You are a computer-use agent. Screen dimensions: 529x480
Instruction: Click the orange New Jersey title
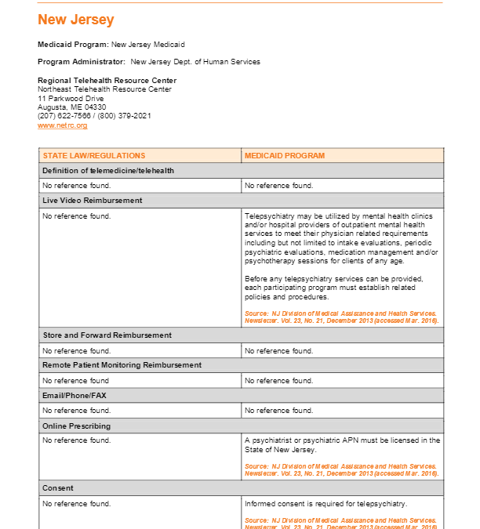click(x=75, y=20)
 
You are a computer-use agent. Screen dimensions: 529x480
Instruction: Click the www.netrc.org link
click(x=62, y=125)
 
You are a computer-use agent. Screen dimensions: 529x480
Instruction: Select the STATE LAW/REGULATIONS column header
click(x=93, y=156)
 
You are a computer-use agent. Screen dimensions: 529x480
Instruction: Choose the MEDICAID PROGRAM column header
click(x=284, y=156)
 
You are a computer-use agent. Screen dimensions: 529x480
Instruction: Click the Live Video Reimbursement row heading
click(x=92, y=201)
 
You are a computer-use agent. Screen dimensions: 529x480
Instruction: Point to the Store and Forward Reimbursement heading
click(x=107, y=335)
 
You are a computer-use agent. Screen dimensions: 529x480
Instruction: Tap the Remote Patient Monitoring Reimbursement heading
click(x=122, y=365)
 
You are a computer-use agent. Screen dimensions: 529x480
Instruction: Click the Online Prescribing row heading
click(x=76, y=426)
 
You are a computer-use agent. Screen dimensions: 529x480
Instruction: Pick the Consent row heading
click(x=57, y=488)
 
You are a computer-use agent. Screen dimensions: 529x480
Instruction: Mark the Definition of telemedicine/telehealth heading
click(x=107, y=171)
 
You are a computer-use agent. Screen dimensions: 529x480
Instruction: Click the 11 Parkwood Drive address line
click(x=71, y=99)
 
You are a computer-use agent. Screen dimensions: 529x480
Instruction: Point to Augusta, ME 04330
click(x=72, y=107)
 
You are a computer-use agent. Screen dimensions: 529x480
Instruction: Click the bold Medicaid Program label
click(x=72, y=45)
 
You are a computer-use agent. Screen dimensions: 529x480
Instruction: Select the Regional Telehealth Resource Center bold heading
click(x=107, y=81)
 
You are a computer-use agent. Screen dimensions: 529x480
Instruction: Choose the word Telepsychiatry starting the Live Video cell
click(x=267, y=216)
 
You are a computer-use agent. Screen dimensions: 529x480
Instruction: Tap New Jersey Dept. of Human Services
click(x=195, y=62)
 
